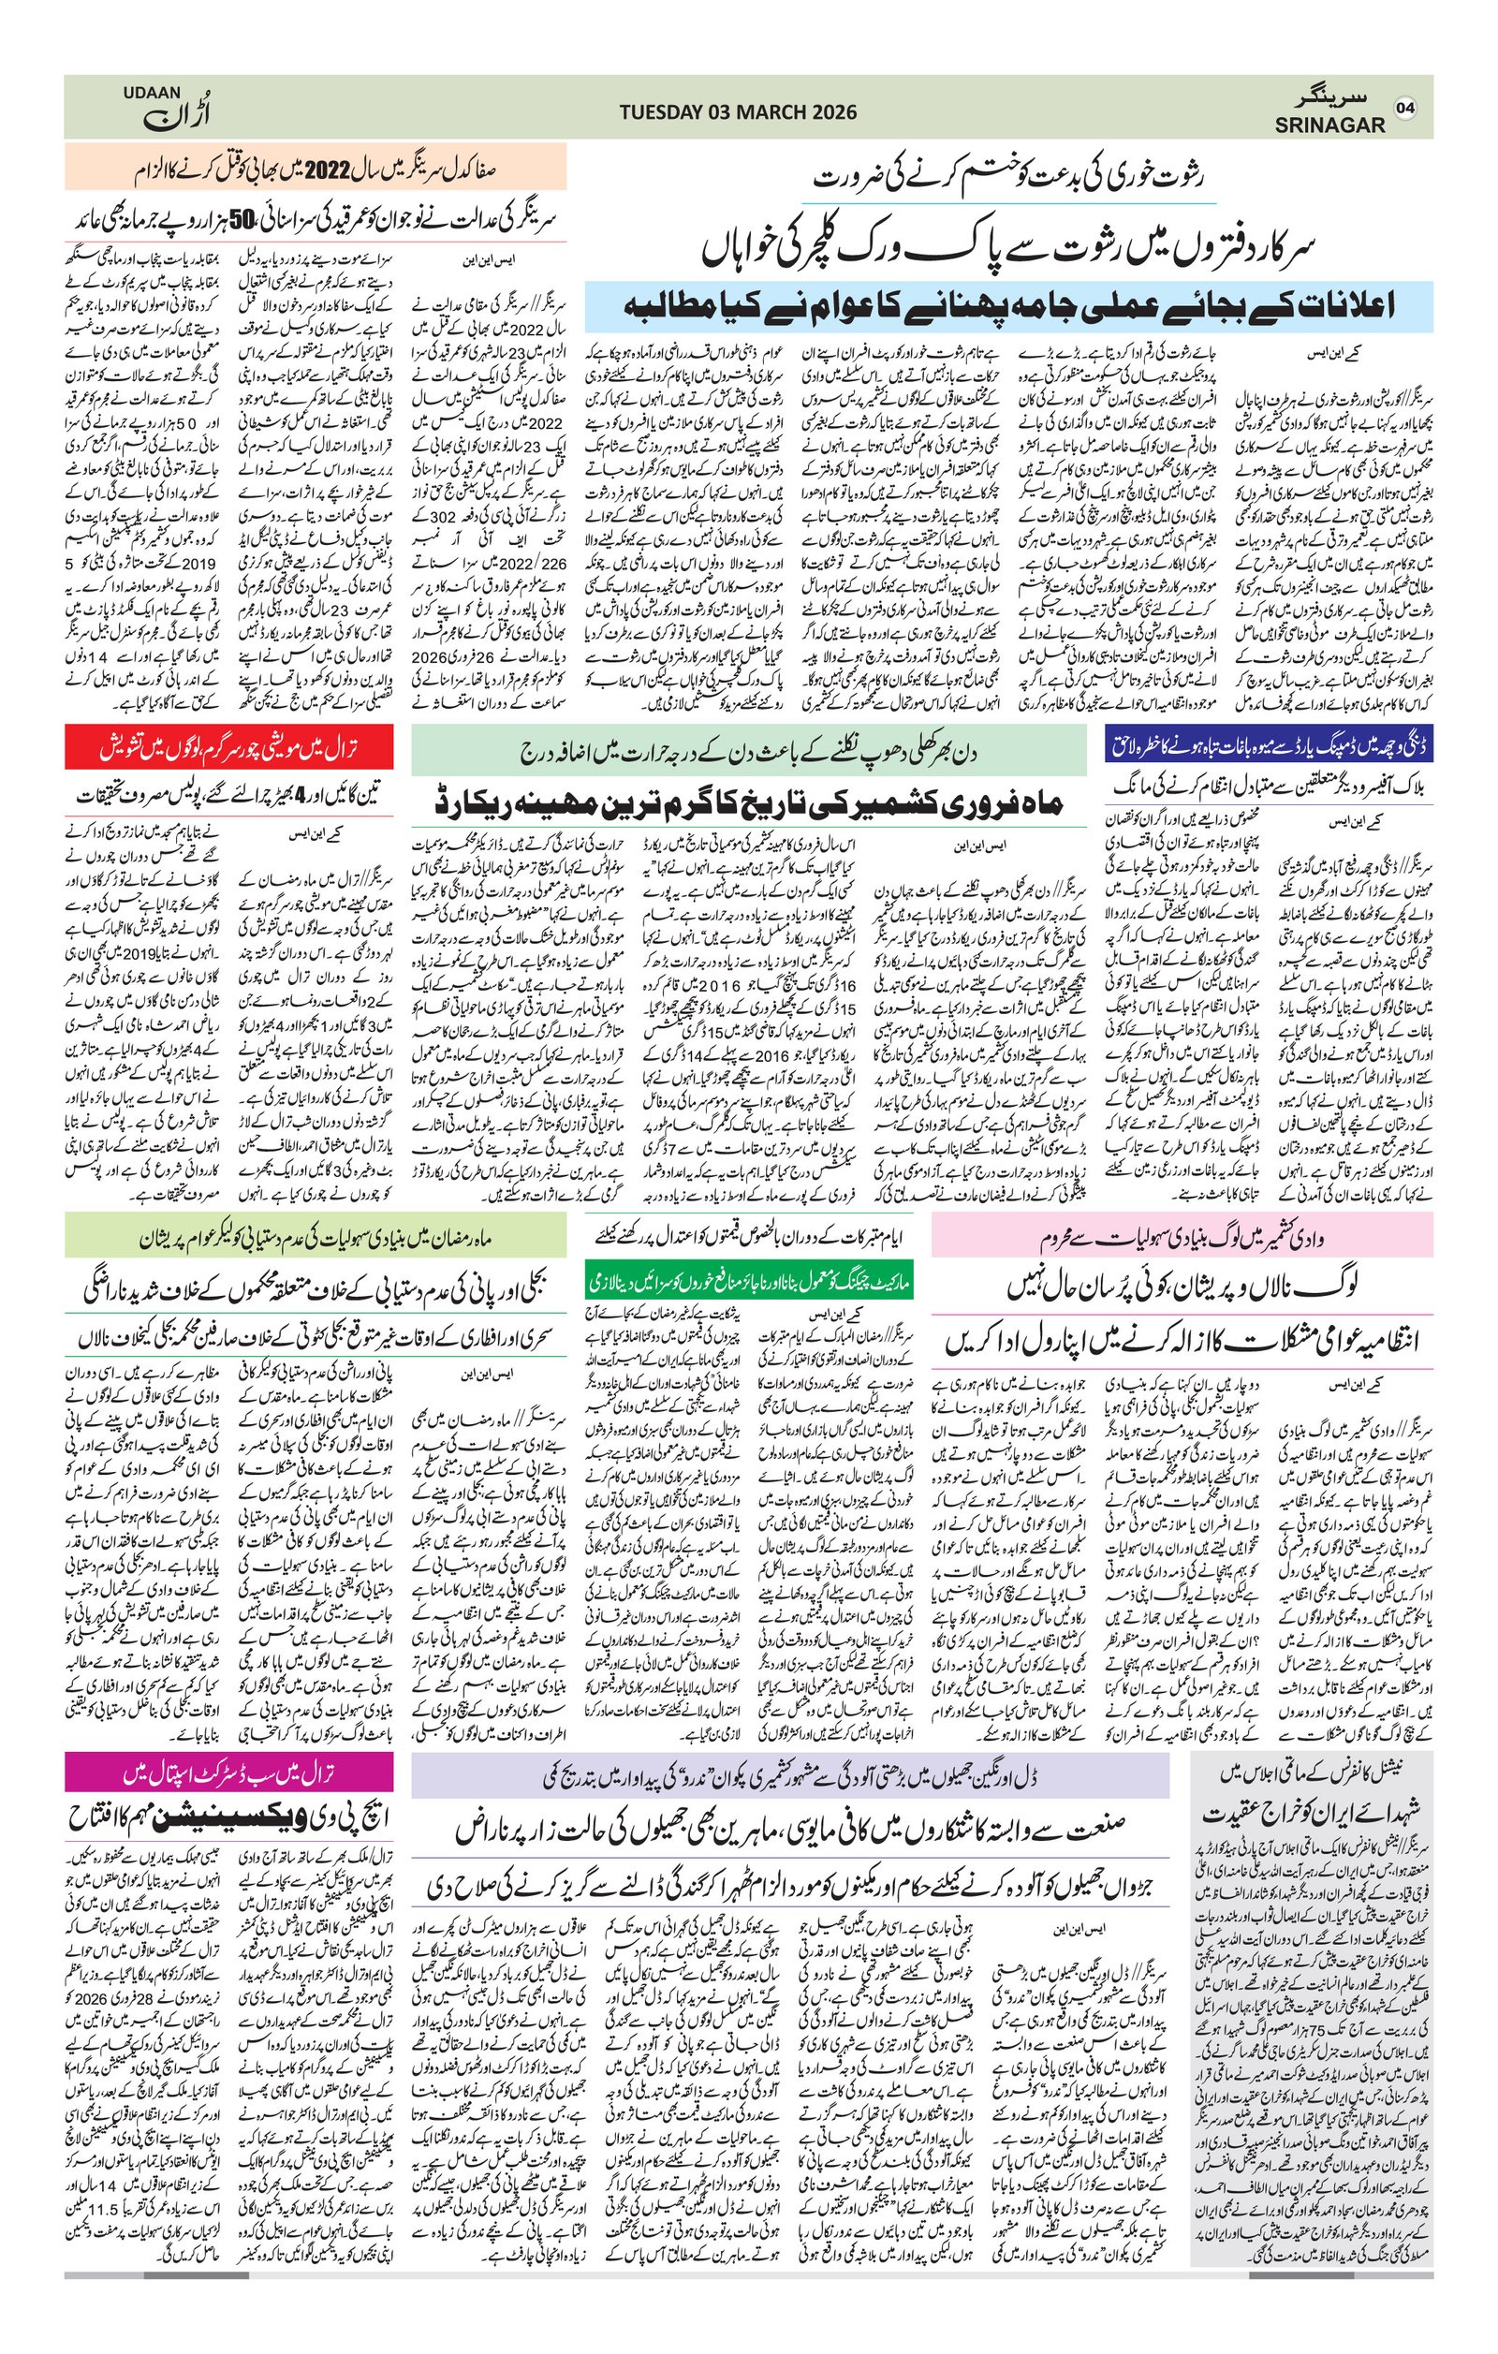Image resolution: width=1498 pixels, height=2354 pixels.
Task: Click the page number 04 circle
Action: click(1406, 108)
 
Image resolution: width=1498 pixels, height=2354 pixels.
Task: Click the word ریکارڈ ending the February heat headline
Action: click(487, 803)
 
